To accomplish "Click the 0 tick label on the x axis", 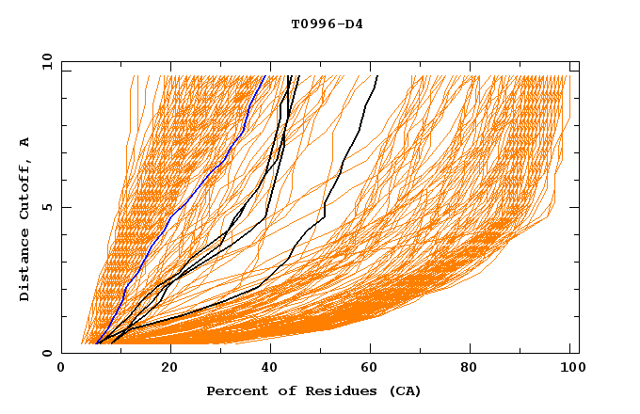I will pyautogui.click(x=62, y=368).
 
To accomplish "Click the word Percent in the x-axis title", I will pyautogui.click(x=235, y=390).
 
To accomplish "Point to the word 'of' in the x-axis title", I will pyautogui.click(x=281, y=390).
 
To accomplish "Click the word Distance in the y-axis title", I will pyautogui.click(x=24, y=267).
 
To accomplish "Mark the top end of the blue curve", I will pyautogui.click(x=266, y=76).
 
